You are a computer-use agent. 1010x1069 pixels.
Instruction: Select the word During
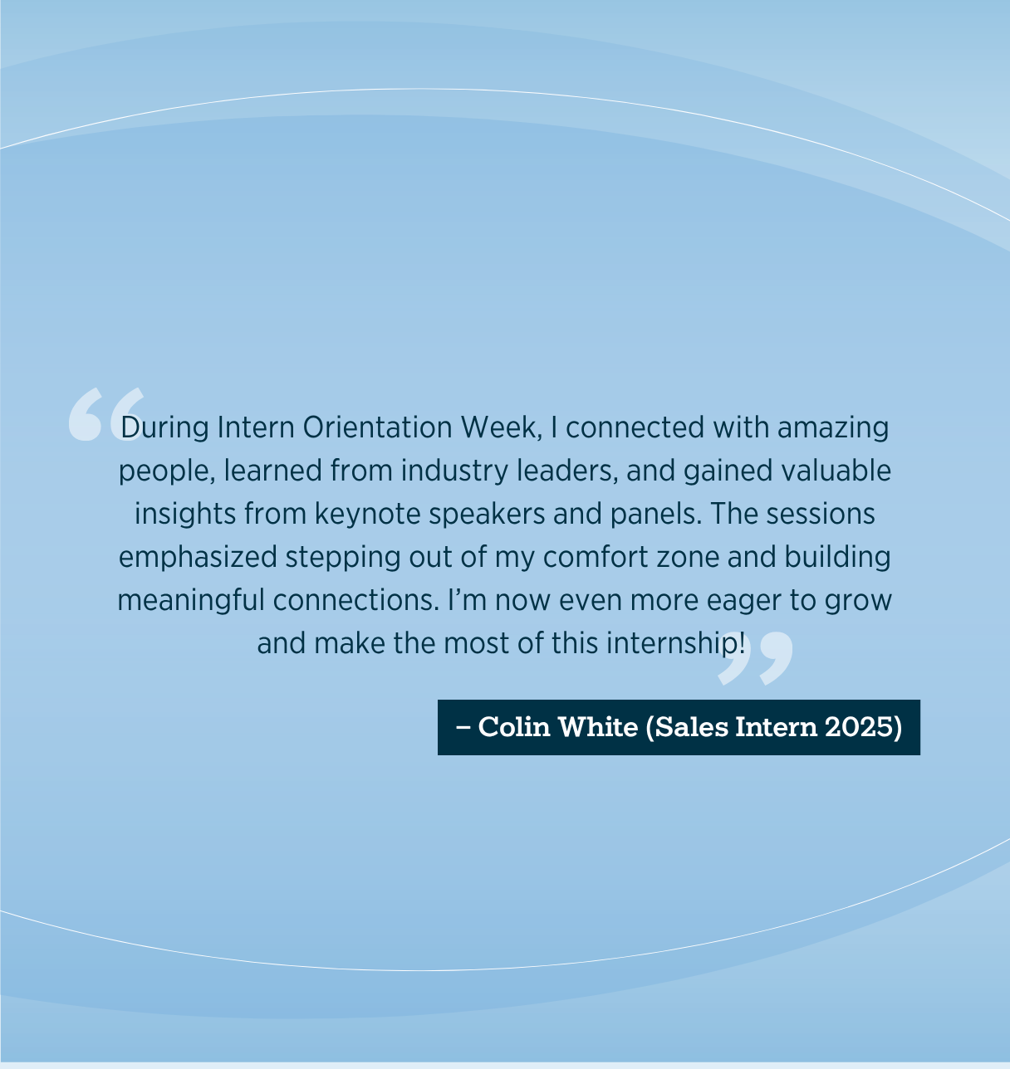(164, 427)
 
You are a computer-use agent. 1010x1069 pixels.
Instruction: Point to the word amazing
(833, 427)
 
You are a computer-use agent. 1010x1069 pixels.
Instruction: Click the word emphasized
(198, 557)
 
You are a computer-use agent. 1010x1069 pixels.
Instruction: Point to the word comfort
(595, 557)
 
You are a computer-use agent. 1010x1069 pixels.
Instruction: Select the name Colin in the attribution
(514, 727)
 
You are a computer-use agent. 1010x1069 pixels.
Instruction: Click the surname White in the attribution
(597, 727)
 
